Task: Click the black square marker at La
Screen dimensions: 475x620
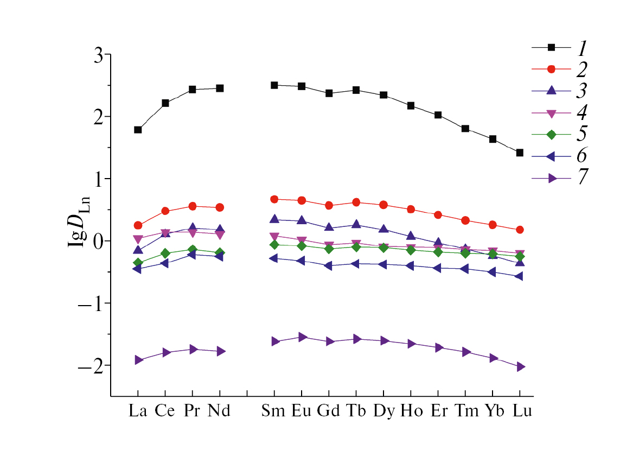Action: [x=138, y=130]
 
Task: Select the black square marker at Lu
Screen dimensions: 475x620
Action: [x=520, y=153]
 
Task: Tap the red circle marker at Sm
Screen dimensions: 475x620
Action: [x=274, y=199]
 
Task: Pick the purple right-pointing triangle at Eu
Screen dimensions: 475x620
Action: [x=302, y=337]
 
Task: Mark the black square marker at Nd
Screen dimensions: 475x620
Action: [x=220, y=88]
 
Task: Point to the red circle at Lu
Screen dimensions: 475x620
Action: [x=520, y=230]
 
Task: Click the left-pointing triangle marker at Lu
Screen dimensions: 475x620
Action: [x=520, y=276]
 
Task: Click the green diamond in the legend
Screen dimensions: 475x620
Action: [x=551, y=134]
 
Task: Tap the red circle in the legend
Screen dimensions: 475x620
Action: [x=551, y=69]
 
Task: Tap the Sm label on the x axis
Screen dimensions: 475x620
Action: [x=274, y=411]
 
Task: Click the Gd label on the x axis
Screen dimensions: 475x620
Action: [x=329, y=411]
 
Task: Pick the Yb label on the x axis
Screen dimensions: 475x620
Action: [x=493, y=411]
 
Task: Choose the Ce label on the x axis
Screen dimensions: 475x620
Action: [x=165, y=411]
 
